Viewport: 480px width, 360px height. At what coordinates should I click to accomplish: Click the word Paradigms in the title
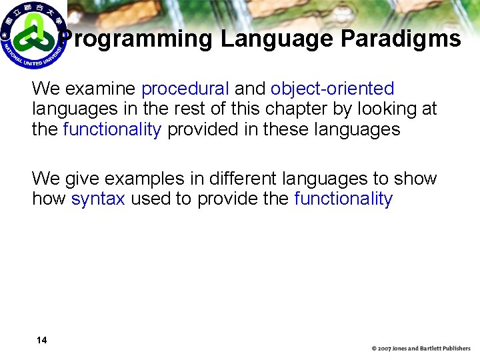(x=400, y=39)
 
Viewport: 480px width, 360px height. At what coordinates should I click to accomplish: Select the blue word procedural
(x=185, y=89)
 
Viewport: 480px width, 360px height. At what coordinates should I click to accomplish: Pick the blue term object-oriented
(x=332, y=89)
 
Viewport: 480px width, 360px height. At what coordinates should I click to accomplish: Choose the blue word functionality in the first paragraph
(x=112, y=129)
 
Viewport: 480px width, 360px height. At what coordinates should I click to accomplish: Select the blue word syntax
(x=98, y=199)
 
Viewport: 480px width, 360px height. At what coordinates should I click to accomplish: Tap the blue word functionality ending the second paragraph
(x=343, y=199)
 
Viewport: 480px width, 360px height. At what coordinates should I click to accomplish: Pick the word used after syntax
(x=150, y=199)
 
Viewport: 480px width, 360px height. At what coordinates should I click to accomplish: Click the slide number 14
(x=41, y=341)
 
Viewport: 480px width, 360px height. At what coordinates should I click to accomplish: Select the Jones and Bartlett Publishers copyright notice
(x=421, y=349)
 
